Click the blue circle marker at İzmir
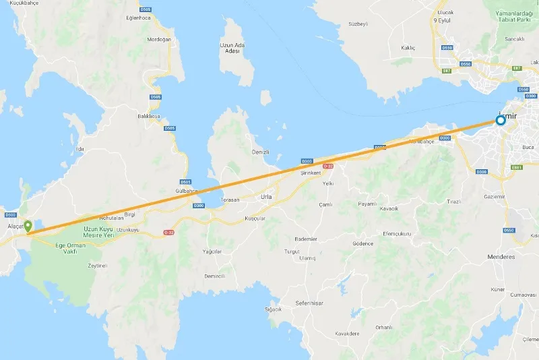pos(501,121)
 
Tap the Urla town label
pos(265,197)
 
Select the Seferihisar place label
pos(309,303)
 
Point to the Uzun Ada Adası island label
pos(230,48)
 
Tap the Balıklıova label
pos(148,116)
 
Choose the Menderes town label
pos(501,257)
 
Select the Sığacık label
pos(273,309)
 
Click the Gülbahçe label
pos(187,191)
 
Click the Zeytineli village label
pos(98,266)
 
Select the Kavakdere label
pos(347,333)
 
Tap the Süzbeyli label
pos(358,24)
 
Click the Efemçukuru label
pos(397,233)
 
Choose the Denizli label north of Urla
pos(260,152)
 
